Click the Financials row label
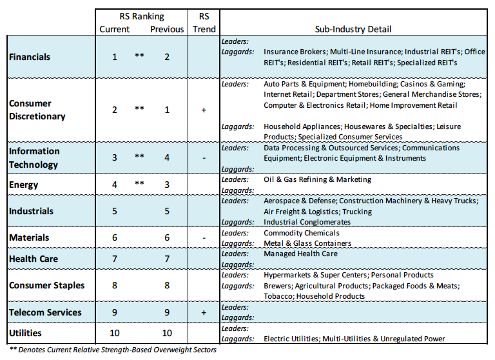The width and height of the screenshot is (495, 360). pos(30,57)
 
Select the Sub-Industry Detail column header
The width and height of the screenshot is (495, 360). pos(353,30)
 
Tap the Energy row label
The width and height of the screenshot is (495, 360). pos(24,185)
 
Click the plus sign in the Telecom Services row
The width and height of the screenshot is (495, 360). pos(204,313)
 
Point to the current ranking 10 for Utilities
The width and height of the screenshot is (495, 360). pos(114,333)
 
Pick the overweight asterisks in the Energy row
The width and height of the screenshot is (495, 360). pos(139,183)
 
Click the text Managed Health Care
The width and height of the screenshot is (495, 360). pos(300,254)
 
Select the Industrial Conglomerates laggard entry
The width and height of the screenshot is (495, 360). pos(307,222)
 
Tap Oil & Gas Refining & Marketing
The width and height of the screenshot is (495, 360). pos(317,179)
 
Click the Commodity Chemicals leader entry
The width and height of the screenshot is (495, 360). pos(302,233)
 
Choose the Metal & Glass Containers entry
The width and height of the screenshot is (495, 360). pos(307,243)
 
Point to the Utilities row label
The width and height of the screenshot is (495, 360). pos(25,333)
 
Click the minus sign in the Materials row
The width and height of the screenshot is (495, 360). pos(204,237)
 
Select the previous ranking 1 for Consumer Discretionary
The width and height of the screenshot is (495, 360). pos(167,110)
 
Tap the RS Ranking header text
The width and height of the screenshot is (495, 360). pos(142,16)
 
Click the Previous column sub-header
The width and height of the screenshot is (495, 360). pos(167,30)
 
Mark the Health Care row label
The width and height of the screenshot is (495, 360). pos(34,259)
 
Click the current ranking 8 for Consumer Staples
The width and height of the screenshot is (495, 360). pos(114,285)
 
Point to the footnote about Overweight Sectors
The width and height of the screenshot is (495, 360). pos(113,350)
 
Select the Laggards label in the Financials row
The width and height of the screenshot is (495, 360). pos(237,52)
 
